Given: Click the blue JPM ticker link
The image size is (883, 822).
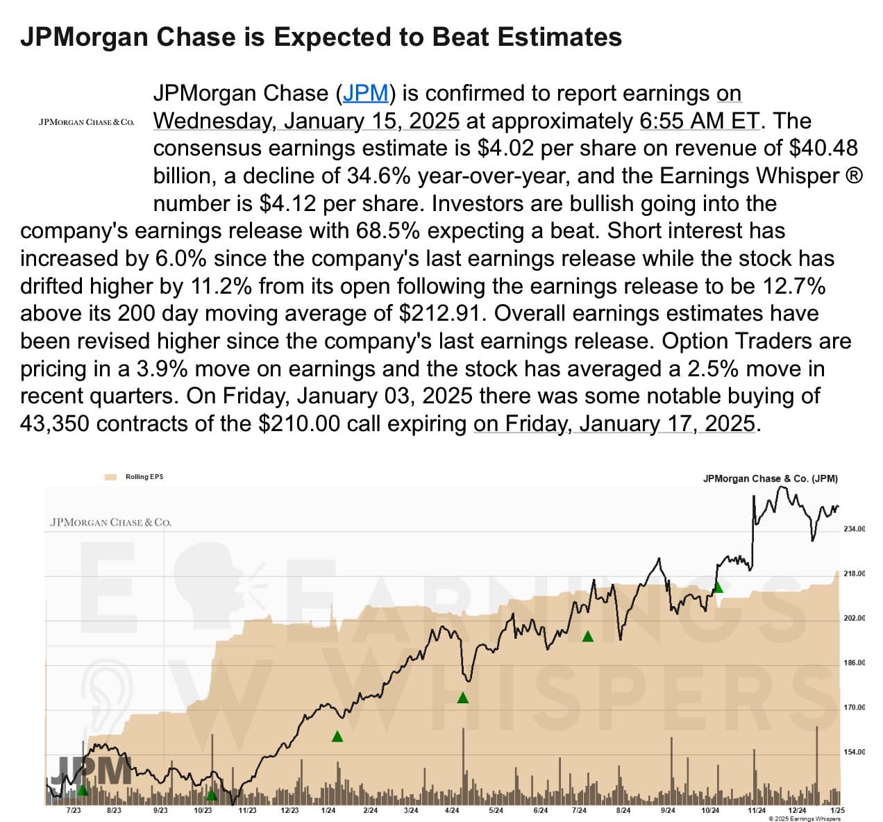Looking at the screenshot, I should [365, 94].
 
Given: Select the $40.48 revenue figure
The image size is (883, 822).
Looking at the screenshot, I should [823, 149].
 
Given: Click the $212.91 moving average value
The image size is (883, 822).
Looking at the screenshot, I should [441, 313].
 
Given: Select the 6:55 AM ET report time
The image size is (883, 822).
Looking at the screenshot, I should [700, 121].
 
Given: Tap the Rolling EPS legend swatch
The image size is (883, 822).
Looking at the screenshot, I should [110, 477].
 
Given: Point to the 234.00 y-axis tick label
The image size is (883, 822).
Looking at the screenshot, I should [854, 529].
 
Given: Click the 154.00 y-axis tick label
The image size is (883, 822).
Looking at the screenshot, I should [854, 752].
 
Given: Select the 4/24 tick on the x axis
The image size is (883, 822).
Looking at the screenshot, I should [452, 810].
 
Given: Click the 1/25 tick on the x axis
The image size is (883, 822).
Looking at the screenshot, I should [837, 810].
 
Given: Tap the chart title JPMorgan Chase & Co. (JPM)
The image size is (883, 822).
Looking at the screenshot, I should [770, 478].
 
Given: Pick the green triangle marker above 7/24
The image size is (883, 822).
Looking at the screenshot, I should [587, 636].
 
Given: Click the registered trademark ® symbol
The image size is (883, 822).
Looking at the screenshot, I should [855, 176].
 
